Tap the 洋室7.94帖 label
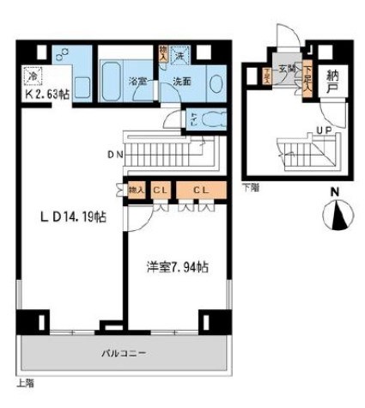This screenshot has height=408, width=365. pos(176,267)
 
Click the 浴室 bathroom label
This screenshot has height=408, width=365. pos(138,83)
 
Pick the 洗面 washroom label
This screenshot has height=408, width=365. pos(182,83)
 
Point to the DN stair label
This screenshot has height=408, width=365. pos(113,156)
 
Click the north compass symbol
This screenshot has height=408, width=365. pos(336,215)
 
